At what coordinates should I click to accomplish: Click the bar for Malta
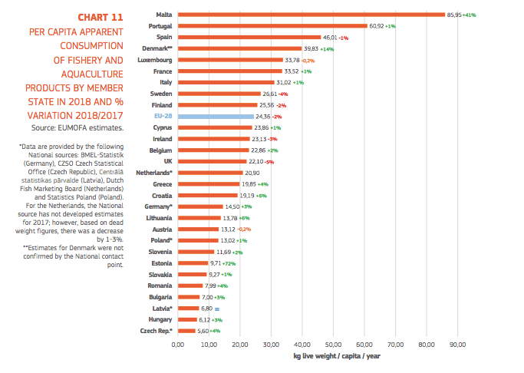click(311, 15)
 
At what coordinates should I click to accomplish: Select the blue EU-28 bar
click(216, 116)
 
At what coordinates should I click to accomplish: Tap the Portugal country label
click(159, 25)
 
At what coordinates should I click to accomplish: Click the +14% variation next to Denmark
click(326, 48)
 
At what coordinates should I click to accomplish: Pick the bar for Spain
click(249, 37)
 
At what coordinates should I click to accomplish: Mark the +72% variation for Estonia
click(230, 263)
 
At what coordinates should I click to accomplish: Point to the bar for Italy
click(226, 82)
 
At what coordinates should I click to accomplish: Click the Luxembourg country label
click(154, 60)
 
